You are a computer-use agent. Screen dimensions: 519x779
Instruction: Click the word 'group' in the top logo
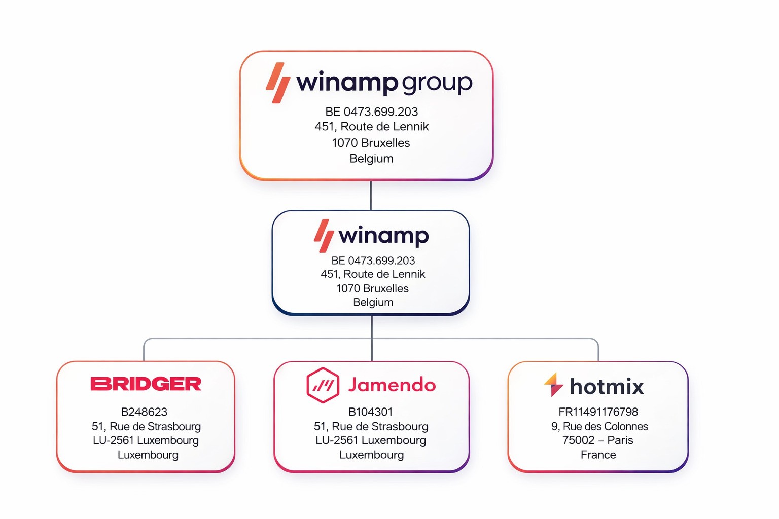tap(437, 83)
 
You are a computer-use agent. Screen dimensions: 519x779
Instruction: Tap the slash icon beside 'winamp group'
tap(278, 83)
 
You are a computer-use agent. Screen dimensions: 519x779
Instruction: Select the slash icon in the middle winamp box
tap(323, 236)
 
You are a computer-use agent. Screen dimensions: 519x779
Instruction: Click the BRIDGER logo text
tap(146, 384)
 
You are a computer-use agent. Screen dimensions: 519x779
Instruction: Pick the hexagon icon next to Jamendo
tap(323, 385)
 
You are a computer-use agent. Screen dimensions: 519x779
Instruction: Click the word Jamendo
tap(392, 385)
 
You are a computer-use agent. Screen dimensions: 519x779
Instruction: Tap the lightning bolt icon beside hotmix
tap(554, 385)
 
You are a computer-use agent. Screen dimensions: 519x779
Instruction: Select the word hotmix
tap(607, 387)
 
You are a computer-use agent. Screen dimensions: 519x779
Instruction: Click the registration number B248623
tap(144, 412)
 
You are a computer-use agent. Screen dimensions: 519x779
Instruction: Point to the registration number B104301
tap(371, 412)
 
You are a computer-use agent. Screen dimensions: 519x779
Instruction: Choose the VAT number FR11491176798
tap(598, 412)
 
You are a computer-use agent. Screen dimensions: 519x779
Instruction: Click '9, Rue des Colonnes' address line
tap(599, 426)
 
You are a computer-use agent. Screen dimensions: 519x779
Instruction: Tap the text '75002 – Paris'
tap(597, 440)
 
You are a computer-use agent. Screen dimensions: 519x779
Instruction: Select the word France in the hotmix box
tap(598, 455)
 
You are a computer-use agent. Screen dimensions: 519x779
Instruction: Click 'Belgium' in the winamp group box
tap(371, 159)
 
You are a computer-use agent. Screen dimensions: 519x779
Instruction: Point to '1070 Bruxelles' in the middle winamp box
tap(372, 288)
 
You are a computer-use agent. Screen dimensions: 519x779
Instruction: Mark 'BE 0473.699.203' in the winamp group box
tap(371, 112)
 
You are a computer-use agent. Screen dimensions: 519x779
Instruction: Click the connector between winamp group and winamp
tap(371, 195)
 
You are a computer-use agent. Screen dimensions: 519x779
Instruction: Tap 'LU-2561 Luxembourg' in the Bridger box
tap(146, 440)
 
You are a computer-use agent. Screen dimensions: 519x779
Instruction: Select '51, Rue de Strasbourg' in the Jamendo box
tap(371, 426)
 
